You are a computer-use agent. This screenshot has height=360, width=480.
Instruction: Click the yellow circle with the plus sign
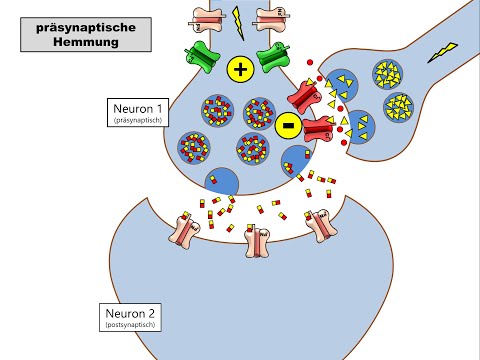tap(240, 68)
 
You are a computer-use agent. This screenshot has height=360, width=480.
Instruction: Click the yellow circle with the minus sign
tap(288, 127)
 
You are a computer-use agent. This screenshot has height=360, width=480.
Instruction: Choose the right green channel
tap(274, 57)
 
